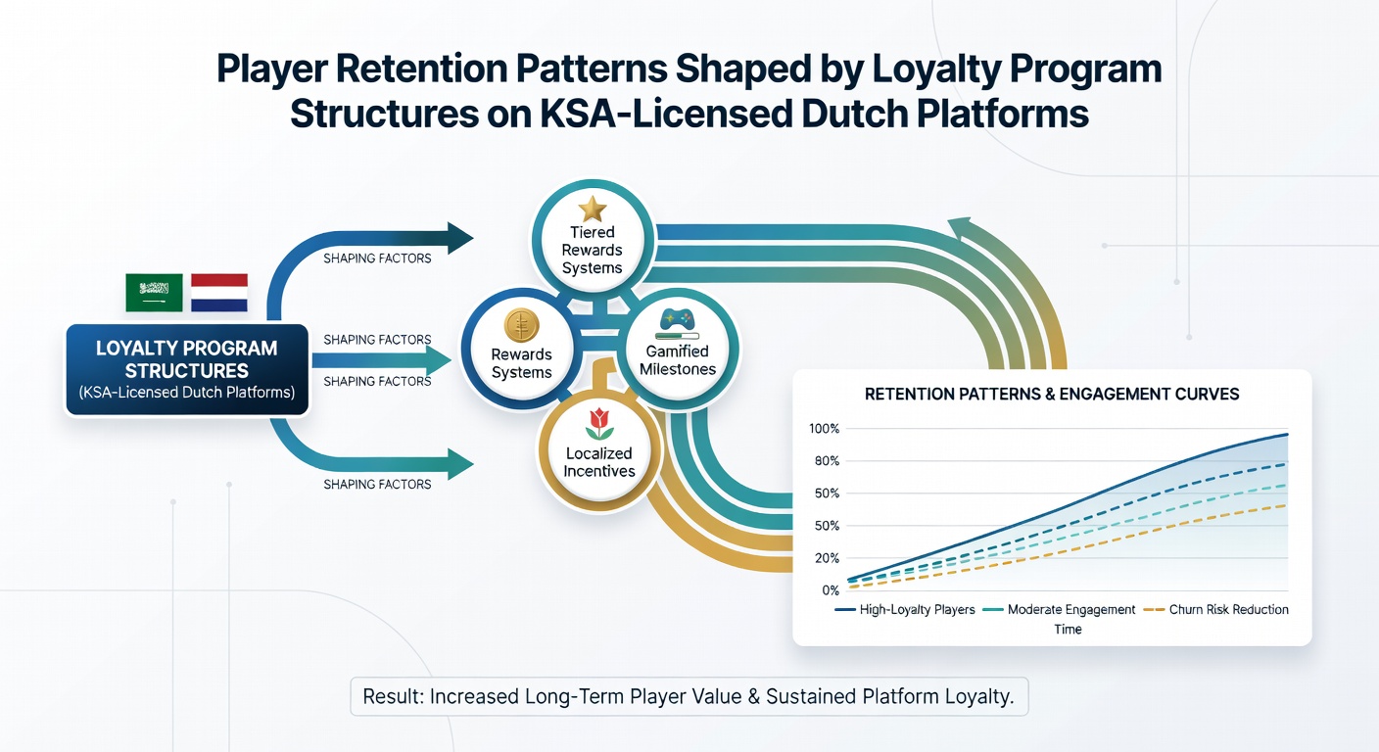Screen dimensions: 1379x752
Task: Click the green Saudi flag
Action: tap(154, 293)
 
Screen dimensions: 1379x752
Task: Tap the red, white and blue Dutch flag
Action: tap(219, 293)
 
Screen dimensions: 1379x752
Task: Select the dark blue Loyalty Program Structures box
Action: tap(187, 369)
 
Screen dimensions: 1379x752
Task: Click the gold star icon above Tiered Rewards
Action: tap(593, 209)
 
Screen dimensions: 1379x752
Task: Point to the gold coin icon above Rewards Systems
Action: tap(521, 325)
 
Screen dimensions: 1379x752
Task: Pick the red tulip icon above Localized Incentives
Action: tap(599, 423)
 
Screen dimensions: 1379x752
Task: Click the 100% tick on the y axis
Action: tap(824, 428)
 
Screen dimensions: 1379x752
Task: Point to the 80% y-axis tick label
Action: tap(827, 461)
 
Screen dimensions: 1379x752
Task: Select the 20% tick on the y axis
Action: tap(827, 558)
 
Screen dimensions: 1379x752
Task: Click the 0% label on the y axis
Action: tap(831, 590)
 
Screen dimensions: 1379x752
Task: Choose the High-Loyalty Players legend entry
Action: tap(905, 609)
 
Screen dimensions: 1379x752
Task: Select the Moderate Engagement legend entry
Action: tap(1059, 609)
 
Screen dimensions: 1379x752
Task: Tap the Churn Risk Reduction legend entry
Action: tap(1215, 609)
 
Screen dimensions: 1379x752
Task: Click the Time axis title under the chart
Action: tap(1068, 629)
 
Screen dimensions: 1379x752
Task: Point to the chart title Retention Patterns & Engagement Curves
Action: tap(1052, 394)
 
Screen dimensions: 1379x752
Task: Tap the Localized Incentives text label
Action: tap(599, 462)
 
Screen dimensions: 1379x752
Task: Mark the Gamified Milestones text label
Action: tap(677, 360)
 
